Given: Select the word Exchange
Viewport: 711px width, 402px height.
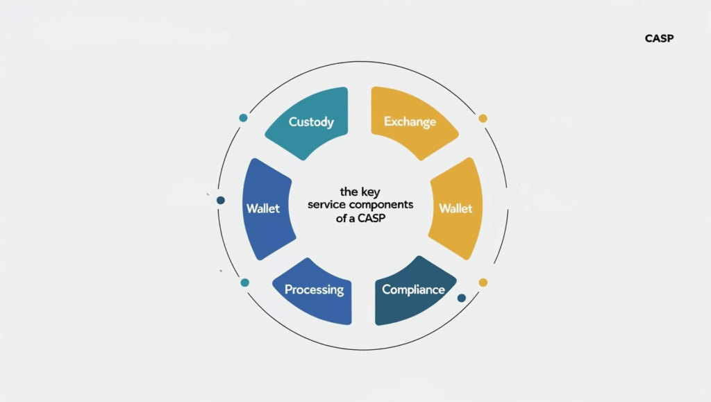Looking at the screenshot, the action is click(410, 122).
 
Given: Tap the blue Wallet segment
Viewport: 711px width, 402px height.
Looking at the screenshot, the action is click(267, 209).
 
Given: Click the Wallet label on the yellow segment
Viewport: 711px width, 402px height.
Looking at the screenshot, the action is click(455, 208).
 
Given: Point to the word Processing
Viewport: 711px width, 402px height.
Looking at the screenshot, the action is click(315, 290).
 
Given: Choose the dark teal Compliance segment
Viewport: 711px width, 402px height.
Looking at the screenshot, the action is click(415, 291).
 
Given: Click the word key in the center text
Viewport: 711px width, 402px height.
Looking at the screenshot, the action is click(370, 192).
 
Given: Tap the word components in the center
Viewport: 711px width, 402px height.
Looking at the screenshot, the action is click(381, 205).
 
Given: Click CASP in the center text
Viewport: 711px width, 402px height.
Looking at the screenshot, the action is click(371, 218).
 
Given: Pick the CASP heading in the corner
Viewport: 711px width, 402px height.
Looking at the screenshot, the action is click(660, 38).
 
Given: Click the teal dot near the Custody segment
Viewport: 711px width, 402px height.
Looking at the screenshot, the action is click(244, 118).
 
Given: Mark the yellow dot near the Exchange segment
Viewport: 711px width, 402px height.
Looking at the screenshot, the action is click(483, 118).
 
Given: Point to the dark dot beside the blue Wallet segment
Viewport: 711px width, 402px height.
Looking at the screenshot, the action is click(221, 201).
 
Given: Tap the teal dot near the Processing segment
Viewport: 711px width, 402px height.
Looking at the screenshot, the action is click(245, 283).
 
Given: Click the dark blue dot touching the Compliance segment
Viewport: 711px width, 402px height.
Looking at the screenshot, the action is click(462, 298).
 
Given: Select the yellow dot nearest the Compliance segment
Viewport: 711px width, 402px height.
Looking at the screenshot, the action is click(483, 283).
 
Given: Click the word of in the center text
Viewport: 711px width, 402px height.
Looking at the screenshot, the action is click(341, 218).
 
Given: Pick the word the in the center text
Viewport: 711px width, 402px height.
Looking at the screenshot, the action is click(349, 192).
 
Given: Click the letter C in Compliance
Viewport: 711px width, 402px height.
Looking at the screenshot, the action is click(386, 290).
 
